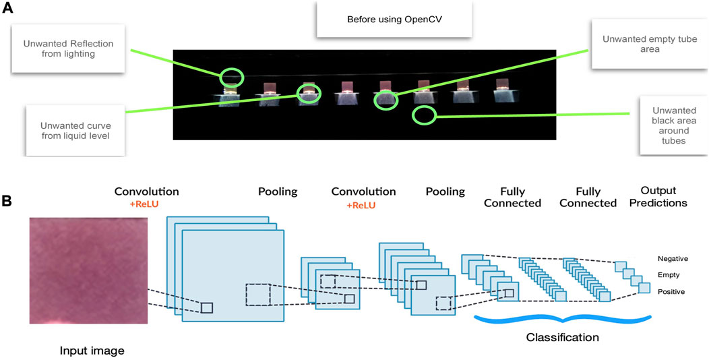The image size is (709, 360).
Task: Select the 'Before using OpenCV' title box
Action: pyautogui.click(x=394, y=20)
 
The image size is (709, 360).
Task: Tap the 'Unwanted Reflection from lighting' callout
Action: pyautogui.click(x=68, y=49)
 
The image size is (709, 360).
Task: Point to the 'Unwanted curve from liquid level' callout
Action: pyautogui.click(x=75, y=130)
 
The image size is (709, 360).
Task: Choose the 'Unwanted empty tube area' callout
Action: pyautogui.click(x=650, y=44)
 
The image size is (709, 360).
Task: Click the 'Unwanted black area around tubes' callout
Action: pyautogui.click(x=674, y=125)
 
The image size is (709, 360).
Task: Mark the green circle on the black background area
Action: pyautogui.click(x=424, y=115)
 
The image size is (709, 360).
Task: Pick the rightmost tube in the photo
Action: pyautogui.click(x=503, y=90)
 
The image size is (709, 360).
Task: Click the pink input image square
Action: pyautogui.click(x=89, y=270)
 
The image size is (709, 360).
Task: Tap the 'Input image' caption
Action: pyautogui.click(x=92, y=351)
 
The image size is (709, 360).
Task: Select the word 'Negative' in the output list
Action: pyautogui.click(x=673, y=259)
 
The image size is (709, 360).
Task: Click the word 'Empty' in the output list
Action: pyautogui.click(x=669, y=275)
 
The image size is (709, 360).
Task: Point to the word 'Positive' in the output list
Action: pyautogui.click(x=671, y=292)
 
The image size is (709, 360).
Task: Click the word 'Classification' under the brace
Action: pyautogui.click(x=563, y=337)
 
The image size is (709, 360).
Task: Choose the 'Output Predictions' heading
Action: pyautogui.click(x=664, y=197)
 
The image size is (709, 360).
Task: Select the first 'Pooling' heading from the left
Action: pyautogui.click(x=278, y=191)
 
